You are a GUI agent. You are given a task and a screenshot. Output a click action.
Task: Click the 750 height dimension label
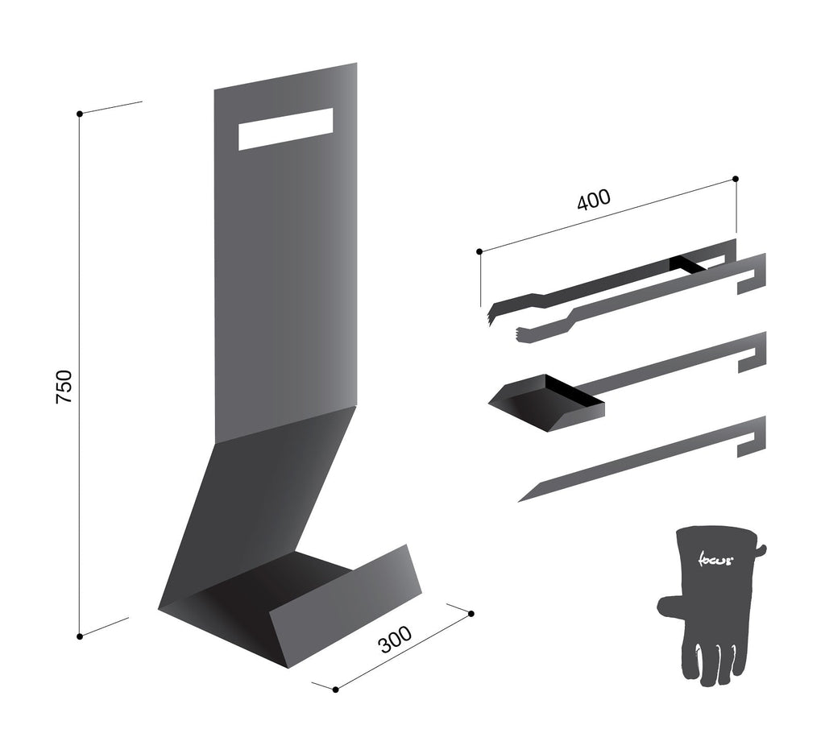click(64, 387)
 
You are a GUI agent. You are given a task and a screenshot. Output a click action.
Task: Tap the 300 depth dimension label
click(396, 639)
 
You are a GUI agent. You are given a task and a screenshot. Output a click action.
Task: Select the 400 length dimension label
click(594, 200)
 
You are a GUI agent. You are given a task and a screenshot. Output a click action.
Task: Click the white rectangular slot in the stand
click(286, 130)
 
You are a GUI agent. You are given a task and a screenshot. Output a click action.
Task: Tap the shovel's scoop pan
click(546, 404)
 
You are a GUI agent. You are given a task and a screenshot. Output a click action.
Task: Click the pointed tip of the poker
click(519, 501)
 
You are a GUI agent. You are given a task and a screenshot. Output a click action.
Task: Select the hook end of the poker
click(752, 436)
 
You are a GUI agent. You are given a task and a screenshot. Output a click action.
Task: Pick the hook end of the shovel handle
click(752, 352)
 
